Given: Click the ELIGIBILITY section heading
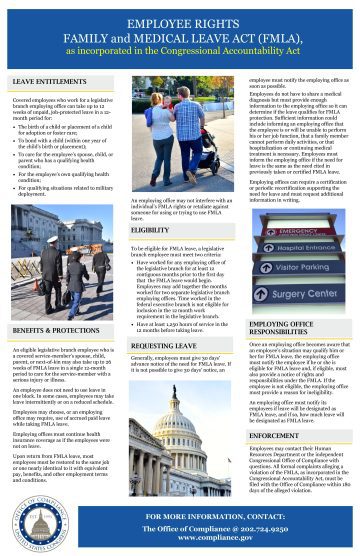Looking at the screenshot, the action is pos(150,231).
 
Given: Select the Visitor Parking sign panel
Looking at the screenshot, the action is pos(306,269).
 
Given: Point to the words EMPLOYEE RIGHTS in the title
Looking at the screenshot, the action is pos(181,19).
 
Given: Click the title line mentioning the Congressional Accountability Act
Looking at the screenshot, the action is pos(181,47).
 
